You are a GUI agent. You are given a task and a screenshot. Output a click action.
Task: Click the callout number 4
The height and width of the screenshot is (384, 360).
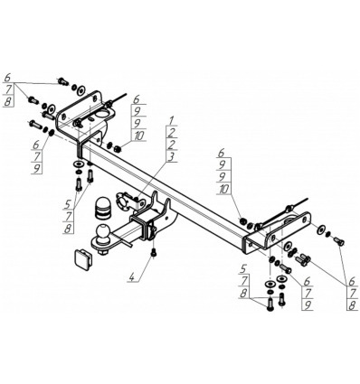[x=131, y=276]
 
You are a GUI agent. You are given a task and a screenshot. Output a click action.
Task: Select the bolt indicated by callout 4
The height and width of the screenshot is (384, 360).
[x=154, y=252]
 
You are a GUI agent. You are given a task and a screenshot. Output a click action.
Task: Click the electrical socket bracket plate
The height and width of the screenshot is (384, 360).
[x=123, y=202]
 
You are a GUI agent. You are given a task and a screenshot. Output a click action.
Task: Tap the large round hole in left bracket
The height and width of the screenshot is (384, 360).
[x=102, y=116]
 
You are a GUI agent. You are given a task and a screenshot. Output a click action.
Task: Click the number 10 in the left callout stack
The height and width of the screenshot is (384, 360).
[x=138, y=136]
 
